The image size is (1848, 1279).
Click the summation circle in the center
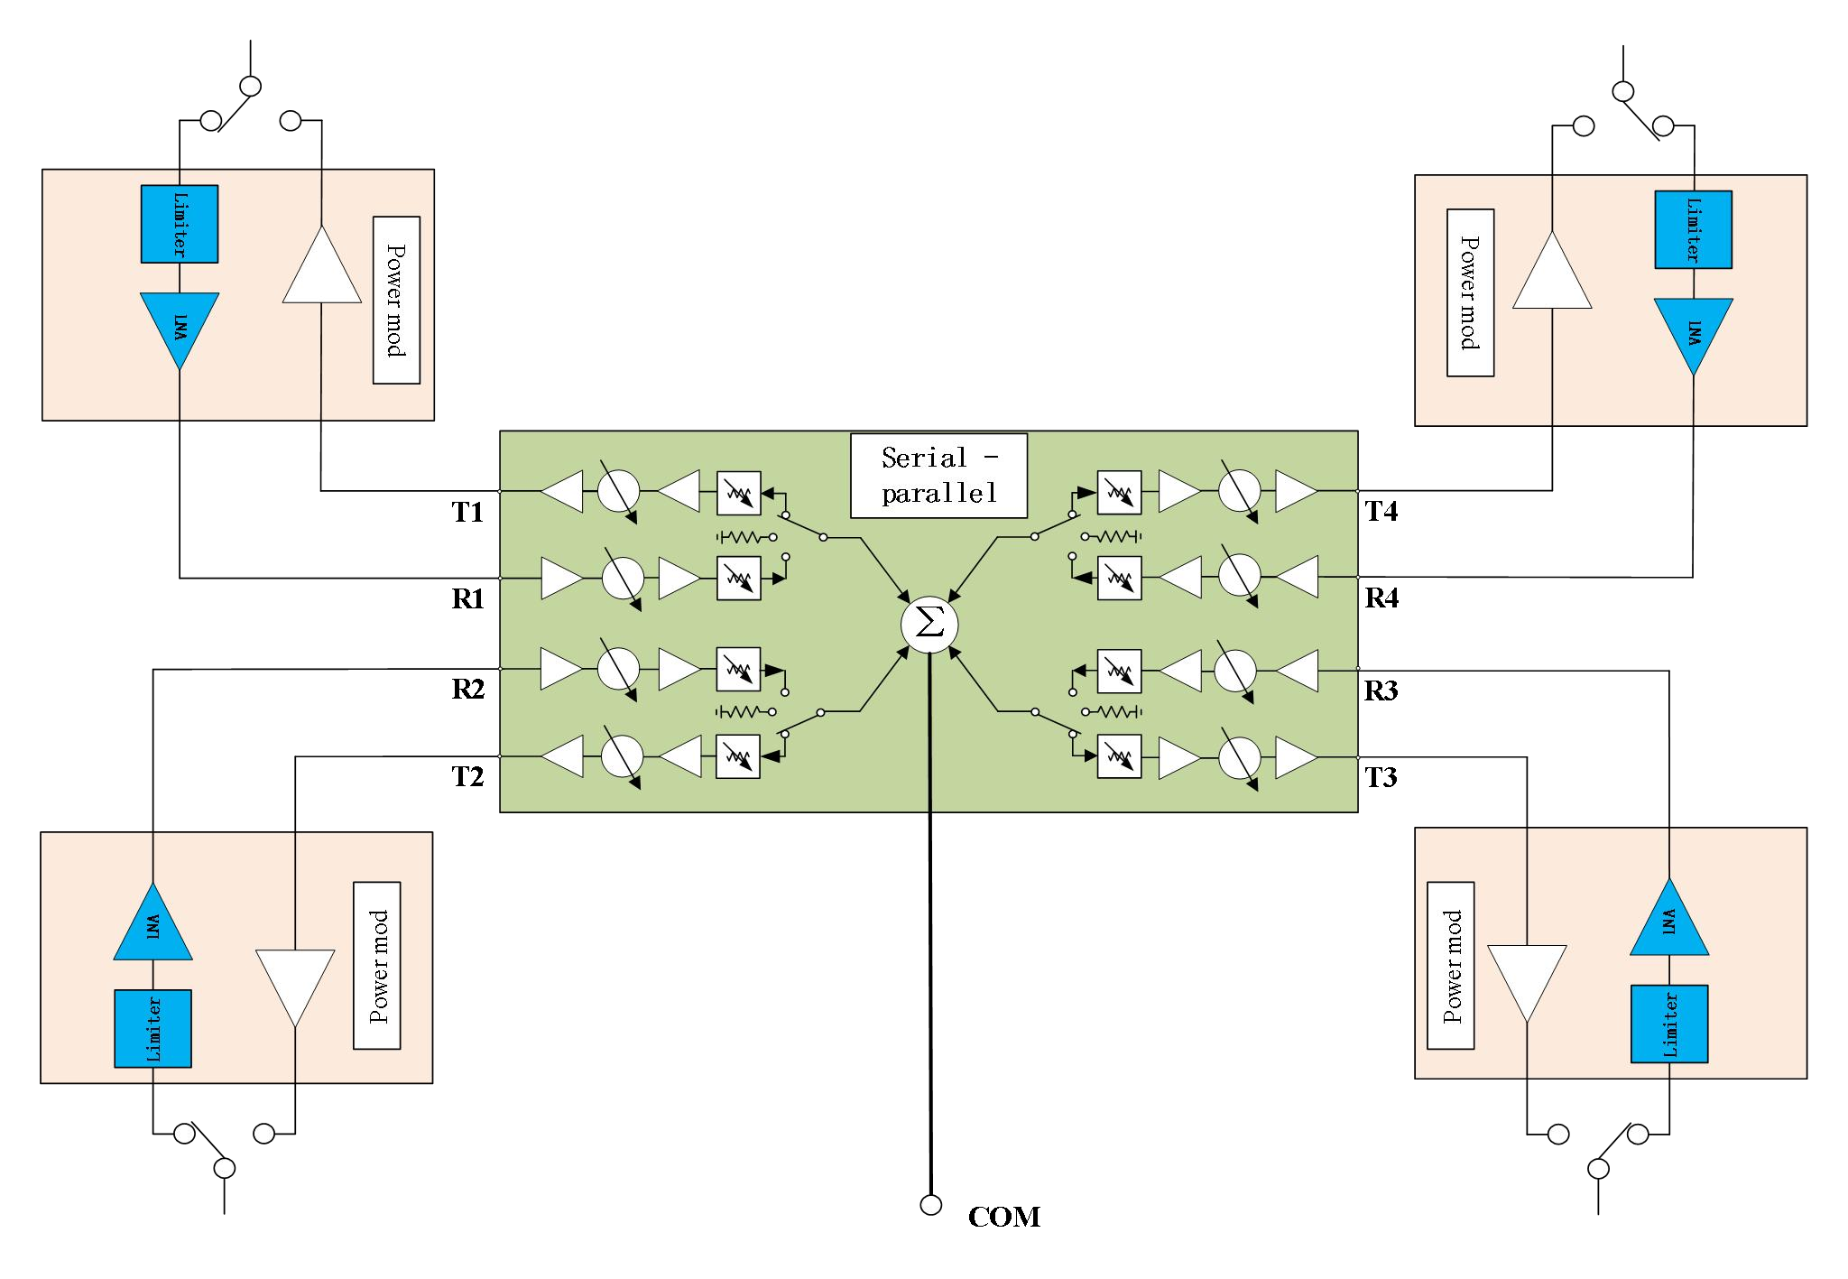[x=929, y=625]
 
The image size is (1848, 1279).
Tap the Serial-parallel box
[x=939, y=476]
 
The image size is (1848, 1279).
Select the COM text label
[x=1003, y=1217]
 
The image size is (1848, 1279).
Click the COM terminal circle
[x=930, y=1204]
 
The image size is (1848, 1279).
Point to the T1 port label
[x=467, y=513]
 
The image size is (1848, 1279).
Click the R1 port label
[x=467, y=599]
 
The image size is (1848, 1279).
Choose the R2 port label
[x=467, y=690]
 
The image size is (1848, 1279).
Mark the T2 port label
[x=467, y=776]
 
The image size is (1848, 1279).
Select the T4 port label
[x=1381, y=512]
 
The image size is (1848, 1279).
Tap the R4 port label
[x=1381, y=598]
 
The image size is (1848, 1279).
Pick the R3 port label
[x=1381, y=690]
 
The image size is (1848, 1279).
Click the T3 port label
[x=1381, y=776]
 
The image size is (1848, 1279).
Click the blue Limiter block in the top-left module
[x=180, y=224]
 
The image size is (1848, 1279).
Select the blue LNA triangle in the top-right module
[x=1693, y=333]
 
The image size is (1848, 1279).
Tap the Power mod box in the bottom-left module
[x=376, y=965]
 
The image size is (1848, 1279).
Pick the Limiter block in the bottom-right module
[x=1669, y=1024]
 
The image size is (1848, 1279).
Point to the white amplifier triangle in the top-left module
[x=322, y=267]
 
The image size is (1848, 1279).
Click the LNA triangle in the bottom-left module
[x=153, y=926]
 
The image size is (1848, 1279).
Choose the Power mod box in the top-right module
[x=1470, y=292]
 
